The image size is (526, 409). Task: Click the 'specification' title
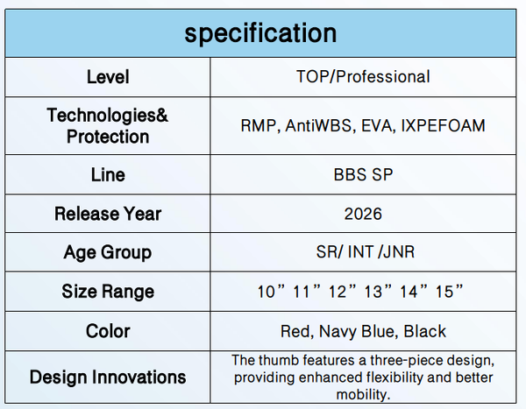click(x=260, y=34)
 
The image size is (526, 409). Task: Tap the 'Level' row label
click(x=108, y=77)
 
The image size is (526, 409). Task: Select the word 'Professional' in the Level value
click(x=383, y=76)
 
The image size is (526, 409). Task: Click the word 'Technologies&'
click(x=107, y=116)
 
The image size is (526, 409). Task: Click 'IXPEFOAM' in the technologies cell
click(x=443, y=126)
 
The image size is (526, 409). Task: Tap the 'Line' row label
click(x=108, y=175)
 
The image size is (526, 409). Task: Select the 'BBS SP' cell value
click(x=363, y=174)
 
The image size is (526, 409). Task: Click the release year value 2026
click(x=363, y=214)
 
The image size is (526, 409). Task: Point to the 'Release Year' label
click(x=108, y=214)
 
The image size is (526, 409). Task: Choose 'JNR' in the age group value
click(x=399, y=251)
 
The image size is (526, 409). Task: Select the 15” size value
click(x=449, y=291)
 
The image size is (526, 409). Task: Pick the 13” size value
click(x=378, y=291)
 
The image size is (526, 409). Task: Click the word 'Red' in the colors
click(x=297, y=332)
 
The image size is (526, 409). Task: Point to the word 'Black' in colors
click(x=424, y=331)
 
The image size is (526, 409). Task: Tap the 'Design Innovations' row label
click(x=108, y=377)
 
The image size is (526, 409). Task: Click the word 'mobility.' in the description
click(x=363, y=395)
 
